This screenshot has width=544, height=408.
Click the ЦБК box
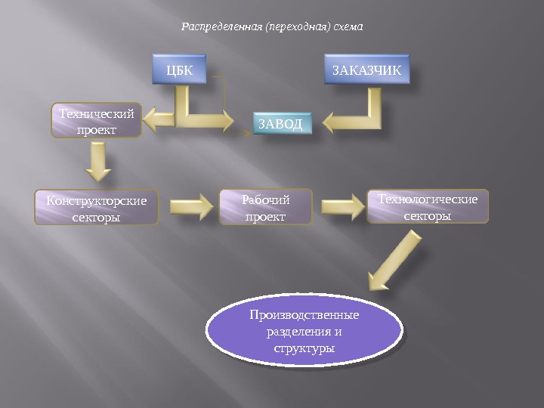179,70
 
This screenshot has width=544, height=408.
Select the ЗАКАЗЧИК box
366,70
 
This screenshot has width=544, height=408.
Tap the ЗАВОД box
280,124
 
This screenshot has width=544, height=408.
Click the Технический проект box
97,121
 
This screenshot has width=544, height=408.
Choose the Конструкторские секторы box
97,208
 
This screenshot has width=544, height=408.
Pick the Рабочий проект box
265,208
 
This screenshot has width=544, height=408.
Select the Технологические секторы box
428,207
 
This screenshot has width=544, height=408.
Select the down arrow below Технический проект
98,161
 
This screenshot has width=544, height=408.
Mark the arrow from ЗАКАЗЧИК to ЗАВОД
355,115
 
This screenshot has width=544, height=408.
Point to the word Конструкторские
97,201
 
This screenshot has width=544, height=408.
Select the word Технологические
428,199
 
